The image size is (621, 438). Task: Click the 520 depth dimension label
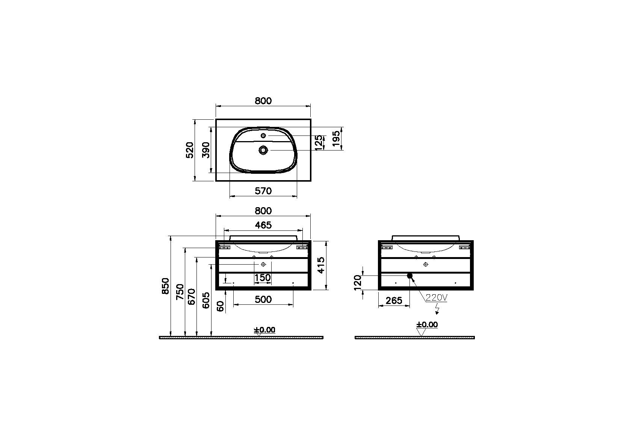pos(190,150)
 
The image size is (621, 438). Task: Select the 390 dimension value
pos(205,150)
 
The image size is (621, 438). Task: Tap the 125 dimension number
pos(318,143)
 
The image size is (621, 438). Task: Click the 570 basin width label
pos(263,191)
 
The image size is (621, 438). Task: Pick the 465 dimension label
pos(263,225)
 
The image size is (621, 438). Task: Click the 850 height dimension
pos(165,286)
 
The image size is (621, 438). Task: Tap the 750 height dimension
pos(180,292)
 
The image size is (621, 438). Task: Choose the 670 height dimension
pos(192,297)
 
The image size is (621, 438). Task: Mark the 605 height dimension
pos(206,300)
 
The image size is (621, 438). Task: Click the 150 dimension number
pos(263,278)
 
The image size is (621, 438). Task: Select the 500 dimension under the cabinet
pos(263,300)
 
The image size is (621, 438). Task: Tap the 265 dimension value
pos(394,301)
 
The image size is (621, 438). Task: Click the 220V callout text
pos(437,298)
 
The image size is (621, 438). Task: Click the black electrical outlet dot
pos(410,276)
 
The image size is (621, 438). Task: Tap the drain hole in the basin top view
pos(263,150)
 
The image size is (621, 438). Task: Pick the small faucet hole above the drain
pos(263,135)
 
